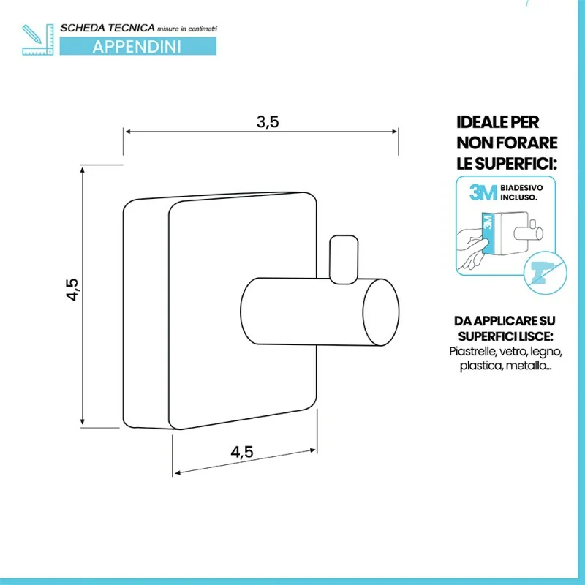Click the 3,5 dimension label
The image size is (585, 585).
click(x=268, y=122)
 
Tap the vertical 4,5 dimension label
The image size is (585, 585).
click(x=72, y=290)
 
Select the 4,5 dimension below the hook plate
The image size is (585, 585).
click(x=242, y=452)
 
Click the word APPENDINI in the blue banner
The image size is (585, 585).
click(x=137, y=47)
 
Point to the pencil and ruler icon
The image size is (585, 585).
click(x=38, y=39)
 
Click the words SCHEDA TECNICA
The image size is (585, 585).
click(x=107, y=28)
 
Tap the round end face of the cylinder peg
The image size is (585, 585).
click(x=381, y=312)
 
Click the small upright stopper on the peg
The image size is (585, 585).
click(x=344, y=260)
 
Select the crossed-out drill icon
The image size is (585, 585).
click(x=545, y=273)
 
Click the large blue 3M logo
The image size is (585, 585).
click(x=483, y=192)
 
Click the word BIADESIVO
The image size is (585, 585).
click(x=521, y=188)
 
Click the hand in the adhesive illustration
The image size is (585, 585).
click(x=472, y=247)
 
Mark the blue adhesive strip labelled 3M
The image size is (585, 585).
click(x=487, y=233)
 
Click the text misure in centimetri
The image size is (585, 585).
click(x=187, y=29)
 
